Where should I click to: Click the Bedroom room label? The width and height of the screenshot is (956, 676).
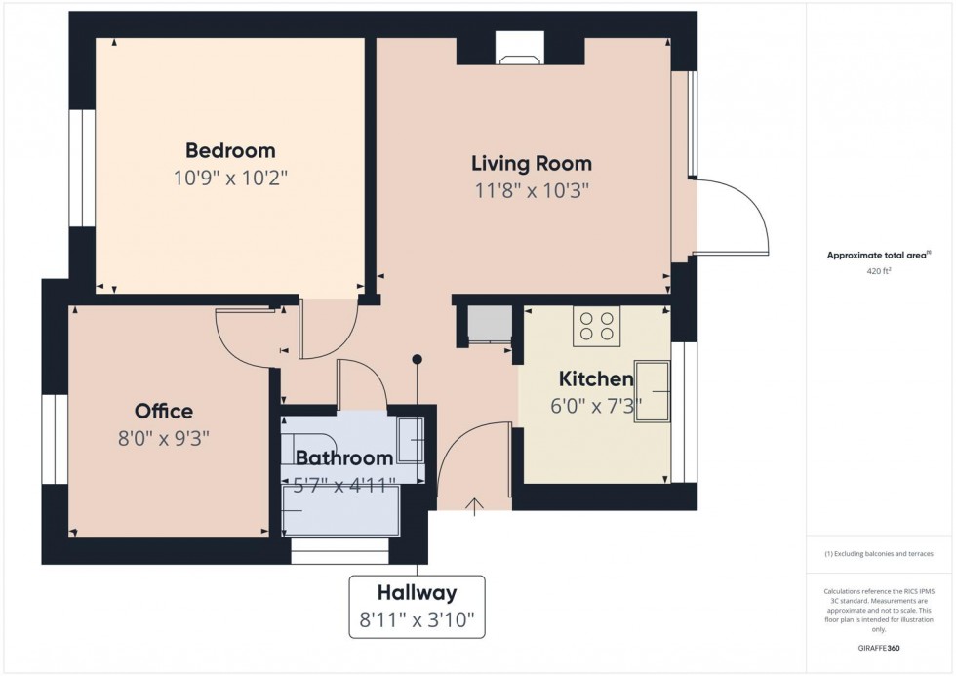tap(230, 150)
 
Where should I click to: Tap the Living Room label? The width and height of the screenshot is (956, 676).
tap(531, 163)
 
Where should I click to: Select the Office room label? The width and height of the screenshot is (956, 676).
tap(164, 411)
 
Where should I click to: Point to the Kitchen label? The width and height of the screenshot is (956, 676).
tap(595, 378)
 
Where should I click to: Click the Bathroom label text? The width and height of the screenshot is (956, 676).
tap(344, 457)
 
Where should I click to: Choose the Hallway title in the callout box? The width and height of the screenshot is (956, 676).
tap(417, 591)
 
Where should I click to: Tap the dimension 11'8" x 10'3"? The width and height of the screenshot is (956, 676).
tap(531, 190)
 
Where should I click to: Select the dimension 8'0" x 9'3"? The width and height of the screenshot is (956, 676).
tap(164, 438)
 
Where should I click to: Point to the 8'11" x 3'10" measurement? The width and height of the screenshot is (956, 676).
tap(417, 619)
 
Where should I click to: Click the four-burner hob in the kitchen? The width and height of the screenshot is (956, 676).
tap(596, 326)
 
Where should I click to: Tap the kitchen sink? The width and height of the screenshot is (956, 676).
tap(653, 391)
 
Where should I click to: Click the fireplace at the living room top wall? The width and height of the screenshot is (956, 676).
tap(520, 47)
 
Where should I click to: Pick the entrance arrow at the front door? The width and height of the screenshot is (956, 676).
tap(475, 505)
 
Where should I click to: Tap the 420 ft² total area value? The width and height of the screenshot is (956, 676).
tap(879, 272)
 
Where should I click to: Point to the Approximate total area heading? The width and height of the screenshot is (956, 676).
tap(877, 255)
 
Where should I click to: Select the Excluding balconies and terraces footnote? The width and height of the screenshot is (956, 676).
tap(879, 553)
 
